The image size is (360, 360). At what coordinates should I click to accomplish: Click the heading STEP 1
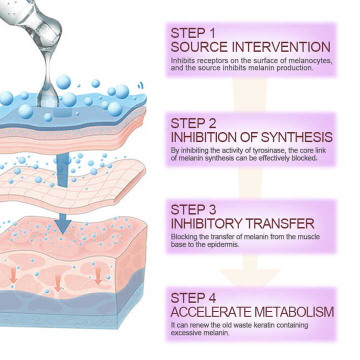click(193, 33)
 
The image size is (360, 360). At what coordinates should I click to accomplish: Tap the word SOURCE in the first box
click(199, 47)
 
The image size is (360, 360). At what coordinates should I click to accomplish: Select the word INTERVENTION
click(281, 47)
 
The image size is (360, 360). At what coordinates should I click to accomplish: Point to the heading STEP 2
click(193, 123)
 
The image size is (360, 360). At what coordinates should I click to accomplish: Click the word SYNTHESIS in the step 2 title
click(296, 137)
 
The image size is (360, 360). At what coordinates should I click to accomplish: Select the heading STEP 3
click(193, 209)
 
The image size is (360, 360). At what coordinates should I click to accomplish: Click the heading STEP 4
click(193, 298)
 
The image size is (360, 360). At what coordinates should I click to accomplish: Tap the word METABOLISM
click(294, 312)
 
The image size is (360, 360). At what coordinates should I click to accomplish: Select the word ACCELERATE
click(211, 312)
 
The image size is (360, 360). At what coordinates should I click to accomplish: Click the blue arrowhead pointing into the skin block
click(63, 226)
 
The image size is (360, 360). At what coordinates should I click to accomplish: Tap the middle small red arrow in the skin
click(57, 284)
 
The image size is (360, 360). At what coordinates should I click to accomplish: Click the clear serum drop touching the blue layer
click(48, 96)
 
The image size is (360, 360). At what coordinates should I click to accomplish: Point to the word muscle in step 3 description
click(309, 237)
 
